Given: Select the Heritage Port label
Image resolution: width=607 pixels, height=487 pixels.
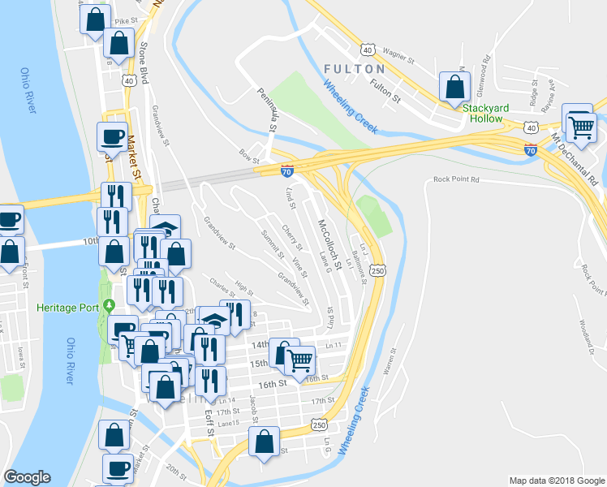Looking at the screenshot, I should [x=67, y=308].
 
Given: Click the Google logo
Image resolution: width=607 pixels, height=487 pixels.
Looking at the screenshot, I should [x=27, y=477].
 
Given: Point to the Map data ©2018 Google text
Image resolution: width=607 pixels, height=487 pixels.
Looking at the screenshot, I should [x=556, y=481].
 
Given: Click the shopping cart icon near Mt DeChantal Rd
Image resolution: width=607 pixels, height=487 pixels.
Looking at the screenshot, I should [x=580, y=127].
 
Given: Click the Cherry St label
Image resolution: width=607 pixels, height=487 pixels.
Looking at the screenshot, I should [x=291, y=237].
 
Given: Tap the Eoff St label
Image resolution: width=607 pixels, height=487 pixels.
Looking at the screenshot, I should [x=209, y=423].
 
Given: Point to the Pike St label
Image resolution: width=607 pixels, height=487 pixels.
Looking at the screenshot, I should [x=127, y=20].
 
